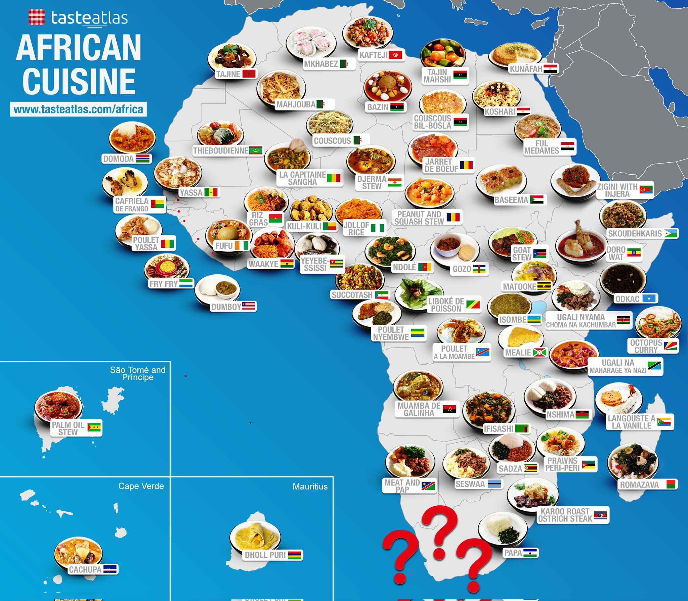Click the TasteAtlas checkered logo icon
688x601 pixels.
point(36,17)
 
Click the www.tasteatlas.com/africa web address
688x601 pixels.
point(78,109)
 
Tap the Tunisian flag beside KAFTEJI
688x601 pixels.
point(396,55)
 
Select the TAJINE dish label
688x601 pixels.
point(228,74)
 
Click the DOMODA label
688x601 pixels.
point(118,159)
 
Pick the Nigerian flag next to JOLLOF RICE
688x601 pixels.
point(377,228)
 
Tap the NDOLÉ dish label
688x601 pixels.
point(404,267)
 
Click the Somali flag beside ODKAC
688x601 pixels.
point(649,298)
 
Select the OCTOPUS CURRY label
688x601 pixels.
point(646,346)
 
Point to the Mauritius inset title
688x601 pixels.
point(310,487)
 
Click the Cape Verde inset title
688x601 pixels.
point(141,486)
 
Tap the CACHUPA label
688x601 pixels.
point(85,569)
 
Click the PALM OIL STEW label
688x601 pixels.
point(68,428)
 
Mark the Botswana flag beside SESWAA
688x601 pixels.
point(494,484)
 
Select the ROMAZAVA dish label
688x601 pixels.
point(639,484)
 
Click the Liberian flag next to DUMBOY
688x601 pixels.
point(249,306)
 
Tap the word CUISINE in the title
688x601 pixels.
point(79,81)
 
